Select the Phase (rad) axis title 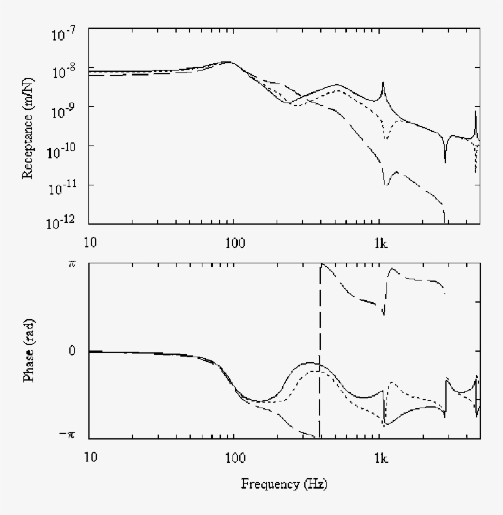click(x=28, y=350)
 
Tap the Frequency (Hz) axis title click(x=284, y=484)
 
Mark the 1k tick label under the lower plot click(x=381, y=457)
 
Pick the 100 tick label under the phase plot click(x=233, y=457)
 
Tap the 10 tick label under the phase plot click(x=90, y=457)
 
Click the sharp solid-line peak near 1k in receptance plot click(x=383, y=83)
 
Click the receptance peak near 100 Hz click(x=228, y=62)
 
